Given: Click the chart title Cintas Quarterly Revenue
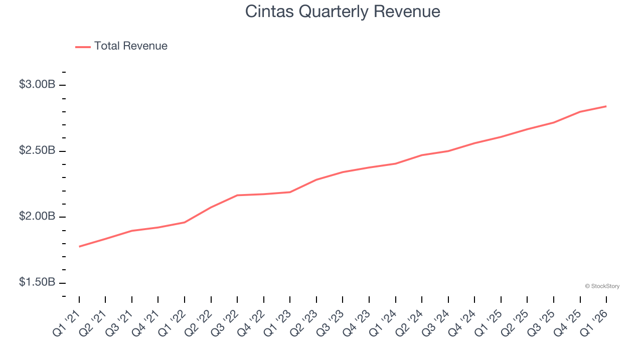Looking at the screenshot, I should [x=343, y=12].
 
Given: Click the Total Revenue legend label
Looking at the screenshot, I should [x=130, y=46].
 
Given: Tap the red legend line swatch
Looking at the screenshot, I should [x=83, y=47].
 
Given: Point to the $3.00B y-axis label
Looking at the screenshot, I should [x=37, y=85].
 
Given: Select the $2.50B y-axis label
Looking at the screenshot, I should [x=37, y=150].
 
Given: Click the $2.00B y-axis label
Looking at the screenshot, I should [x=37, y=217].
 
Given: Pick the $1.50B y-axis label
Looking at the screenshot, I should [x=37, y=282].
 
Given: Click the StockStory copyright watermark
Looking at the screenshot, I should [x=602, y=286].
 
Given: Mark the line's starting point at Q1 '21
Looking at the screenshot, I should [x=79, y=247].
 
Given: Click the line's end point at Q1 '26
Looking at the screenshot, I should [x=606, y=106].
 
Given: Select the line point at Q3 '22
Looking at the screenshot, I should [x=237, y=195].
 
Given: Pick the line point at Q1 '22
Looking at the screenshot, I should [x=185, y=222].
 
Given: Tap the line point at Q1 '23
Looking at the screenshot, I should [x=290, y=192].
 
